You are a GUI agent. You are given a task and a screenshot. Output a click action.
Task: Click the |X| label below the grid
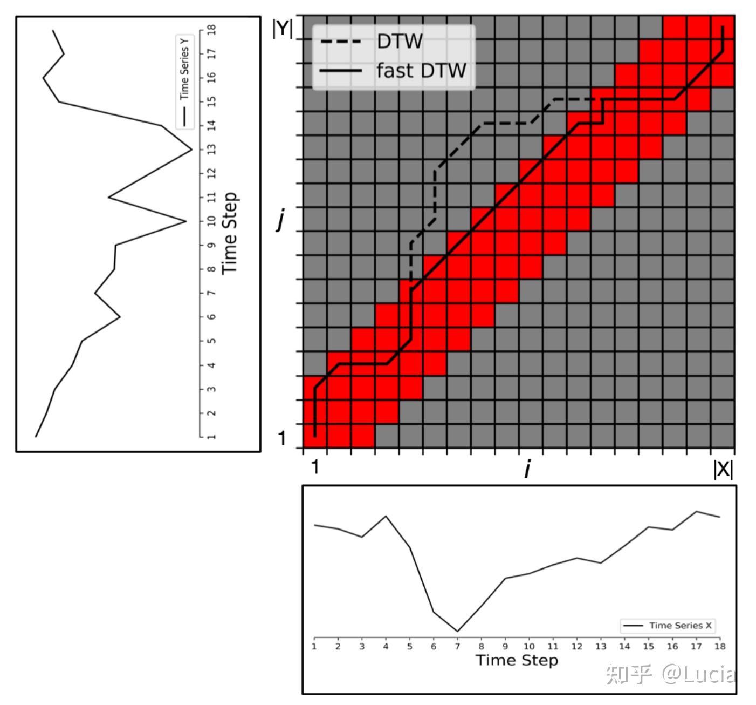(x=723, y=469)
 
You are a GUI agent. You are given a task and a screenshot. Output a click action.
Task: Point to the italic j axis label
(x=280, y=220)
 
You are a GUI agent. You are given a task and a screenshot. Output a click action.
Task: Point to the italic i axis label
(x=527, y=470)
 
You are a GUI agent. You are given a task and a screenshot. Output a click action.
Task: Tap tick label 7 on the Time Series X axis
(x=457, y=646)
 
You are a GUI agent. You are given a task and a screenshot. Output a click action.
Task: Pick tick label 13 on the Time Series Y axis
(x=211, y=149)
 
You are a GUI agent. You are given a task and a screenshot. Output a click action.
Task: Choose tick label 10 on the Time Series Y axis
(x=211, y=221)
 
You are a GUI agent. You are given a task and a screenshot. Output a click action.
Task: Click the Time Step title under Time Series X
(x=517, y=660)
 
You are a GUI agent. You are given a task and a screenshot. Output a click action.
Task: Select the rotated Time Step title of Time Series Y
(x=230, y=233)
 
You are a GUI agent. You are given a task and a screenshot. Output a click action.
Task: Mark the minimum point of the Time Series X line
(x=457, y=631)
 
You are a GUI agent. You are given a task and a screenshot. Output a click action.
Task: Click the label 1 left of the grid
(x=281, y=438)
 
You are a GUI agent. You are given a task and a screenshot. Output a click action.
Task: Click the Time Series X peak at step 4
(x=386, y=516)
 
